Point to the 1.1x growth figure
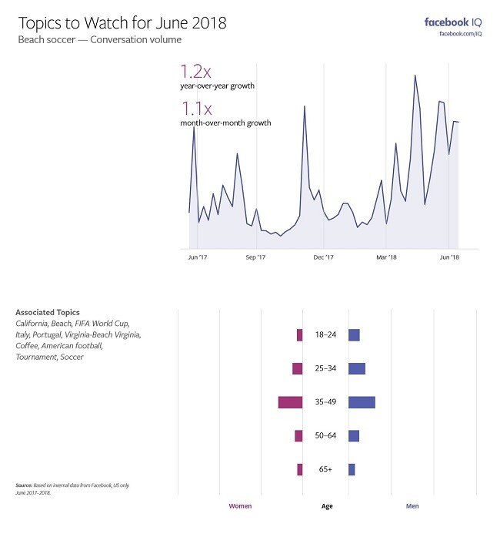point(195,109)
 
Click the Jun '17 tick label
point(198,257)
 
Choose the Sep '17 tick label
point(256,257)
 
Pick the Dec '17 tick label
point(324,257)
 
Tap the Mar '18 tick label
point(387,257)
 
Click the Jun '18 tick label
point(450,257)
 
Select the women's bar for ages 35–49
point(290,402)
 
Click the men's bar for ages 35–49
point(362,402)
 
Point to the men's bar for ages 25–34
point(356,368)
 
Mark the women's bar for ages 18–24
point(299,335)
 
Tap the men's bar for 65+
point(352,469)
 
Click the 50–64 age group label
point(326,436)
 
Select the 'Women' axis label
point(240,506)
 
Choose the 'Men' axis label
point(412,506)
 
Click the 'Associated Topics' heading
point(47,312)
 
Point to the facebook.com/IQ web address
point(459,34)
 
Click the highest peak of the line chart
point(415,76)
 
